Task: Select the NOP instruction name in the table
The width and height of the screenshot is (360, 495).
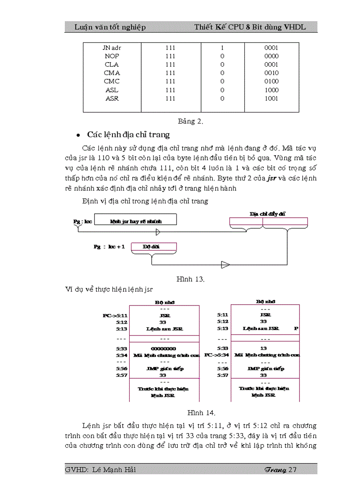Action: point(112,56)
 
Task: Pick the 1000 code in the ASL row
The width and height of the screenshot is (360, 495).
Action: point(271,90)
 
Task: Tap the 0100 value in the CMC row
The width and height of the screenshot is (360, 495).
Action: point(271,82)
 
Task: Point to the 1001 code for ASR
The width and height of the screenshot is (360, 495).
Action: point(271,99)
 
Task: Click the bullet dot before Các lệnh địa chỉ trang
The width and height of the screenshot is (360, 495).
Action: point(78,135)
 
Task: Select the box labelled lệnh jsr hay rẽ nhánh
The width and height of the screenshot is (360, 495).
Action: point(135,220)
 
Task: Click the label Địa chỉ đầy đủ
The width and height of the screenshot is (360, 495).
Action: point(267,214)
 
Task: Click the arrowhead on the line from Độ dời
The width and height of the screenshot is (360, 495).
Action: point(225,264)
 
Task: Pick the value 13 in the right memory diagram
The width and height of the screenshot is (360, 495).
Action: point(263,348)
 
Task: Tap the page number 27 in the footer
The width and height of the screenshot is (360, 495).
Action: point(292,469)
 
